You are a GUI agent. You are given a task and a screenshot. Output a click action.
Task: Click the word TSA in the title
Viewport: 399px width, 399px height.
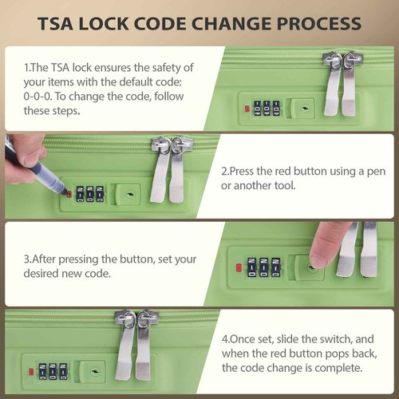(55, 24)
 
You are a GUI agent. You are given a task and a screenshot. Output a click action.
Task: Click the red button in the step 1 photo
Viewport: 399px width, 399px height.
(247, 109)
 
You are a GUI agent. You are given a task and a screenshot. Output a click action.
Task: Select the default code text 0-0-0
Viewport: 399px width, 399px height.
(38, 97)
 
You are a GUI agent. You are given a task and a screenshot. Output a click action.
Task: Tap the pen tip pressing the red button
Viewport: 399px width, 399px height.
(67, 193)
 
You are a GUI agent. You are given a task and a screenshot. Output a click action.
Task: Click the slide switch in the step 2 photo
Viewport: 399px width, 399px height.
(128, 194)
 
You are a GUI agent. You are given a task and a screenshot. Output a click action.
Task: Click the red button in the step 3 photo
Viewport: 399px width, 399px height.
(239, 268)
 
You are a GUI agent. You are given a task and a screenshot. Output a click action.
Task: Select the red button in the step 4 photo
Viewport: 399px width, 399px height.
(31, 372)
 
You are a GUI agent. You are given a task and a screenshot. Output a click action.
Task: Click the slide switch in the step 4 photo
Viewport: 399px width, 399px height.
(93, 372)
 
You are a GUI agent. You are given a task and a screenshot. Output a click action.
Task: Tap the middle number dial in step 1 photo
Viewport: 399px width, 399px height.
(267, 109)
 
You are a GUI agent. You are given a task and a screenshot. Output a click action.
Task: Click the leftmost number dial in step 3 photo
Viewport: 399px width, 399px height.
(251, 267)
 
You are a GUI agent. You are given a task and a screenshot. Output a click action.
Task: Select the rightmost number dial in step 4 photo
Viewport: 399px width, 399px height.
(63, 371)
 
